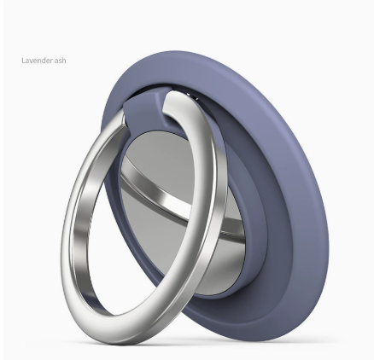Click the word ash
(x=60, y=61)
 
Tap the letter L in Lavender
(x=23, y=61)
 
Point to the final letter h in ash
(x=64, y=61)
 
